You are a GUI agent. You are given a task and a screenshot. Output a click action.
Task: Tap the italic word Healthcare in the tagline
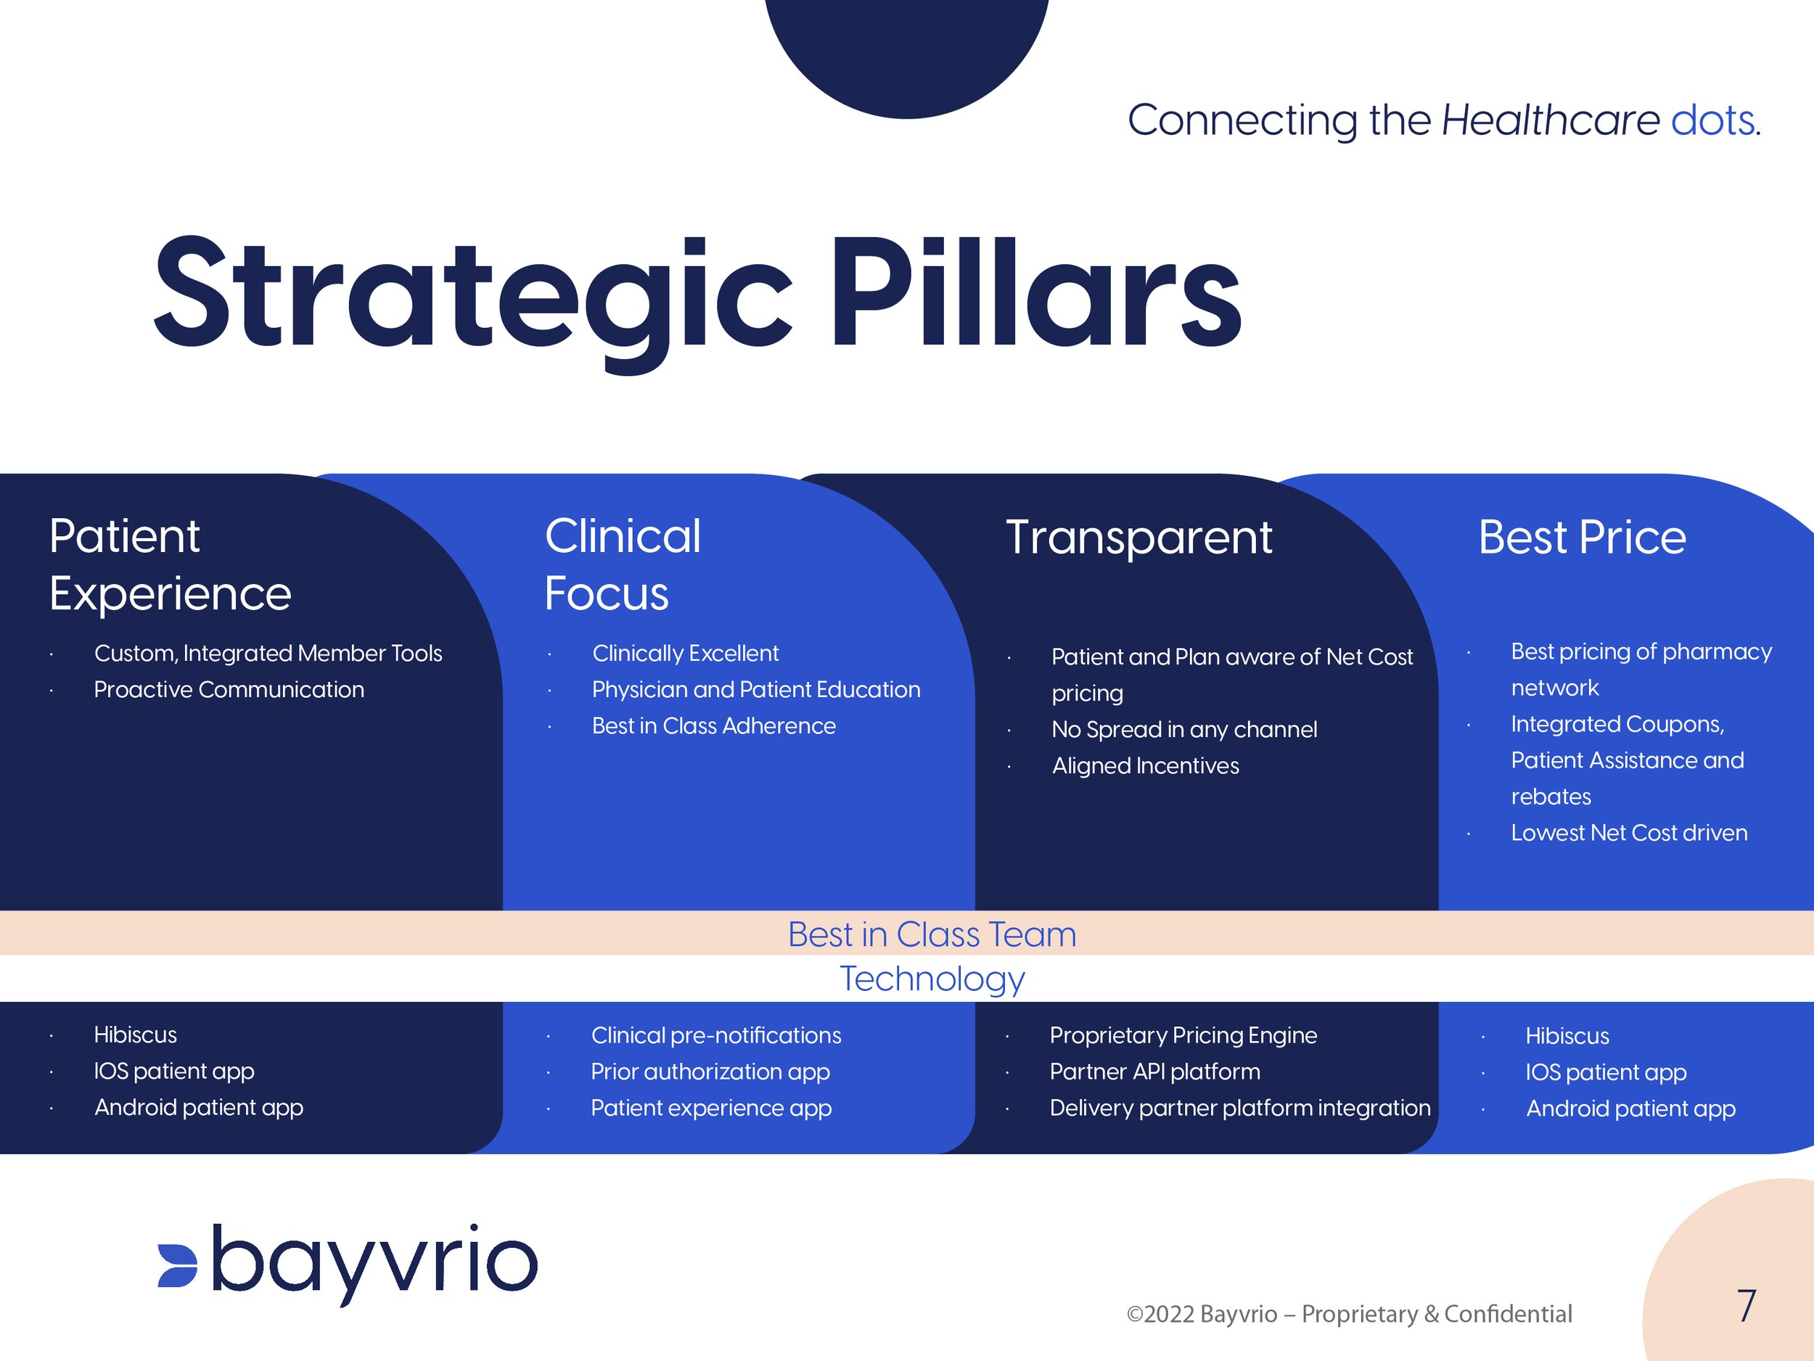point(1550,120)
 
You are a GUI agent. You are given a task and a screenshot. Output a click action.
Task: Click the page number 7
point(1746,1305)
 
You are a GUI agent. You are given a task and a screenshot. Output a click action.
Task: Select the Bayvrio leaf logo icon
point(178,1265)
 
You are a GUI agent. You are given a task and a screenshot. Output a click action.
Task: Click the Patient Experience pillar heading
point(170,564)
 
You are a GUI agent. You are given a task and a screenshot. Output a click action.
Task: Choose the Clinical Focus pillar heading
point(622,564)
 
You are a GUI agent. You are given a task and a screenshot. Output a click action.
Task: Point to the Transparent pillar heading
point(1138,538)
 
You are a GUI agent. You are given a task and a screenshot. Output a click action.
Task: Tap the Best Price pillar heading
point(1581,538)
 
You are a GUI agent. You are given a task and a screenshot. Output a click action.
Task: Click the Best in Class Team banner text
point(932,934)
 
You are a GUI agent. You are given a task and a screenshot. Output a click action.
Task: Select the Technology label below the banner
point(932,978)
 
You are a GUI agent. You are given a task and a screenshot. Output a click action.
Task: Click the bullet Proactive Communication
point(229,689)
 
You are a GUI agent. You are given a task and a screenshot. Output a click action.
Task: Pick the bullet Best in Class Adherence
point(713,725)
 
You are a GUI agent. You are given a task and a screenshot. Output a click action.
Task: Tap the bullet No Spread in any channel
point(1183,729)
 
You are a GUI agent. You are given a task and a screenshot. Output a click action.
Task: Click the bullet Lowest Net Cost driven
point(1629,832)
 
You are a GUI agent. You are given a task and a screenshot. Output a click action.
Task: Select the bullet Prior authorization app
point(710,1072)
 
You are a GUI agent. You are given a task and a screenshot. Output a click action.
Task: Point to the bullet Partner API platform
point(1154,1072)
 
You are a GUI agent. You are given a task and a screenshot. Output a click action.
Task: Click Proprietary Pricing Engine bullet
point(1183,1035)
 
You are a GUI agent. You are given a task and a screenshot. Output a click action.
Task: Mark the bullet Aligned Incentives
point(1145,766)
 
